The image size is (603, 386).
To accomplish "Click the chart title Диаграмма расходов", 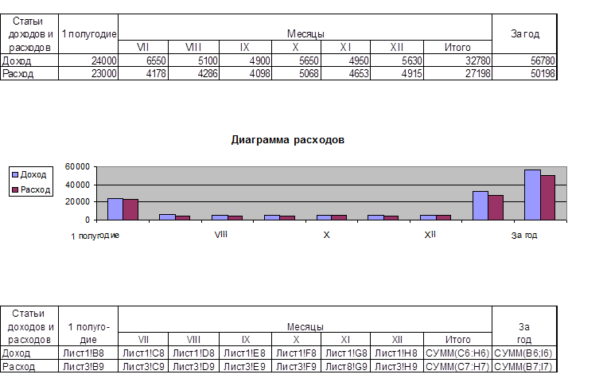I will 287,140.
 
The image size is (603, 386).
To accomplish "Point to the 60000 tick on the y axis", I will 78,167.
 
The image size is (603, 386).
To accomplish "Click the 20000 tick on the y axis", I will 78,202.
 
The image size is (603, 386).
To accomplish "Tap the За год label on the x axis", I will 523,236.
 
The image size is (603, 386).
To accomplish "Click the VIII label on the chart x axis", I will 222,236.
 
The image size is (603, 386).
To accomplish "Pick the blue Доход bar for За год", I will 532,194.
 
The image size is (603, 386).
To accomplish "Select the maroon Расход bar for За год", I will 547,197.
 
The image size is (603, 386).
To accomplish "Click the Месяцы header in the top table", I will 305,34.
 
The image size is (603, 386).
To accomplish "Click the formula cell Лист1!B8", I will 88,353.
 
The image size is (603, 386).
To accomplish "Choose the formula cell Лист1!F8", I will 296,353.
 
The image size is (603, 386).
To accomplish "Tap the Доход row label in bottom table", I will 18,353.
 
